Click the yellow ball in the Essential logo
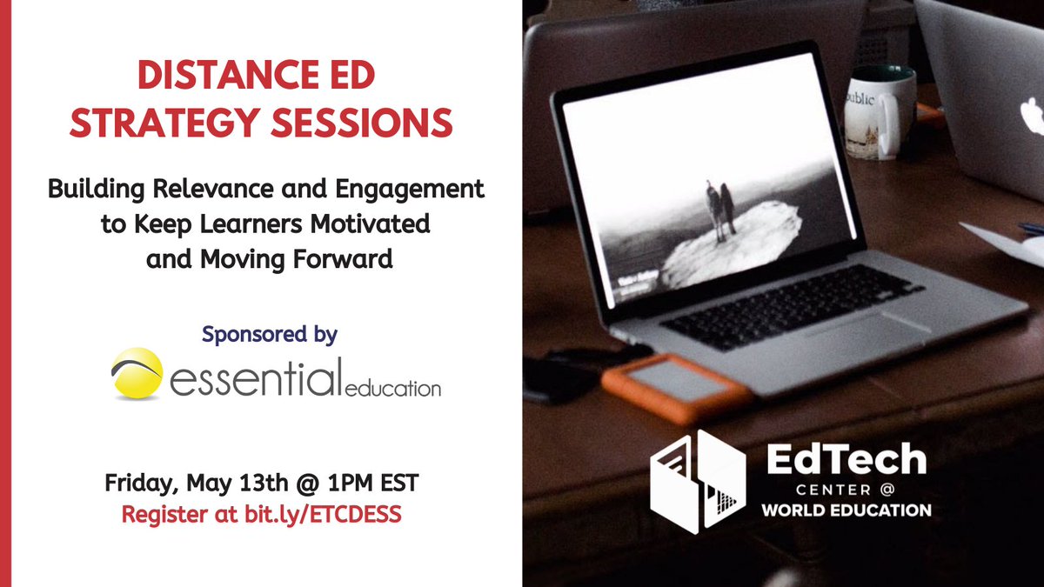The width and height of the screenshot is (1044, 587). click(x=137, y=374)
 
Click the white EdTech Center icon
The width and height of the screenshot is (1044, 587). click(x=698, y=479)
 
